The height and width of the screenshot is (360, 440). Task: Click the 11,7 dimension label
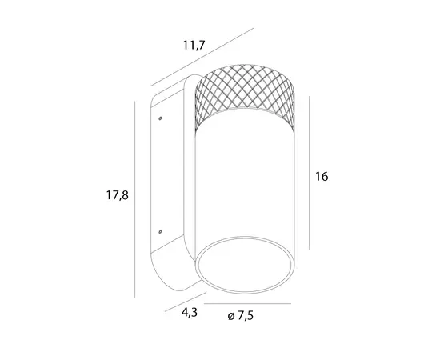(x=194, y=45)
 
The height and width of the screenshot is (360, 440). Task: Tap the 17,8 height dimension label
(x=118, y=195)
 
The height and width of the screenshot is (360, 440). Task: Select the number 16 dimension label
(x=322, y=177)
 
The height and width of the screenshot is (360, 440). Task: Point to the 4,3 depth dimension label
(x=190, y=313)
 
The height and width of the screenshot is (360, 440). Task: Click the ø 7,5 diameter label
(x=241, y=316)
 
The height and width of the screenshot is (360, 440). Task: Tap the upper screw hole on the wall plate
(x=160, y=118)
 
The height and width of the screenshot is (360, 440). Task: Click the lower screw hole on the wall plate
(x=160, y=232)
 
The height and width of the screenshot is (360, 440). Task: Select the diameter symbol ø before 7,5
(x=231, y=317)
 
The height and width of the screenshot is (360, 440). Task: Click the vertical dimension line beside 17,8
(x=135, y=199)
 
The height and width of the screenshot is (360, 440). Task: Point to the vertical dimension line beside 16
(x=310, y=173)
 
